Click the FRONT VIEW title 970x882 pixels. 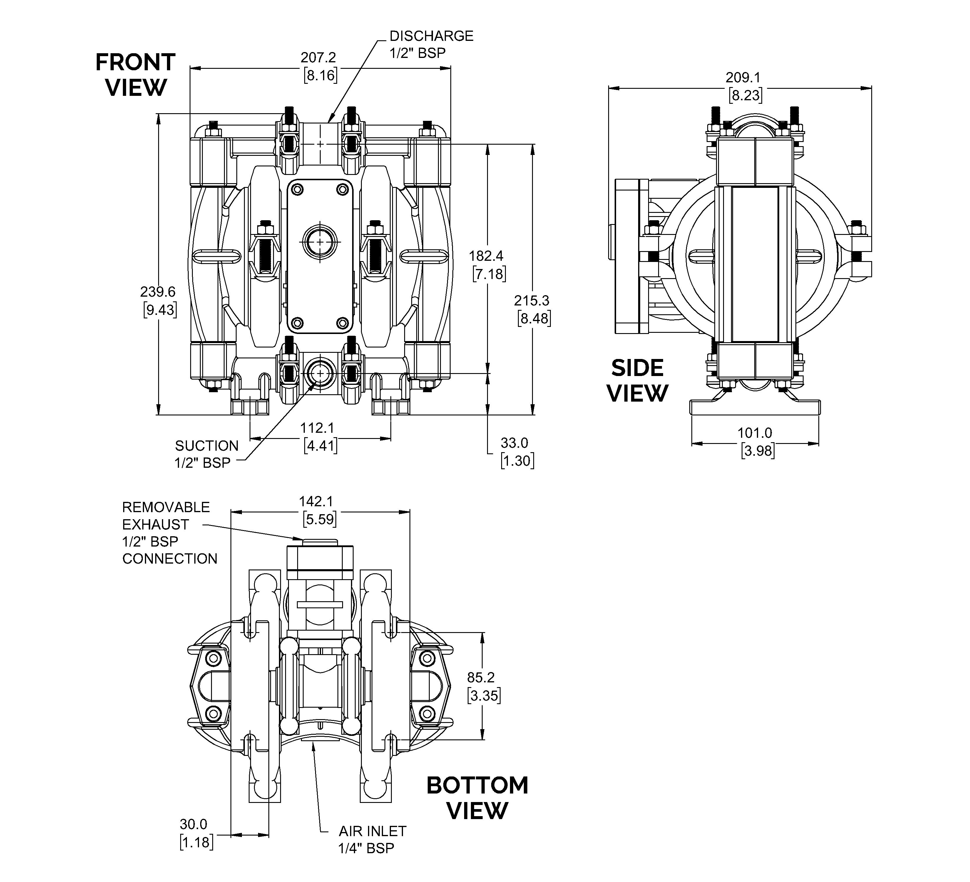tap(136, 75)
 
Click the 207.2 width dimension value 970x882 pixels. tap(318, 58)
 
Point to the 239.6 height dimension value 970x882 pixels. tap(158, 292)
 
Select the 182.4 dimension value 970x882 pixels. tap(486, 256)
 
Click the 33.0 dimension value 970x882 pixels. tap(514, 443)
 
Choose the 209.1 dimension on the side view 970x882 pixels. tap(743, 78)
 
